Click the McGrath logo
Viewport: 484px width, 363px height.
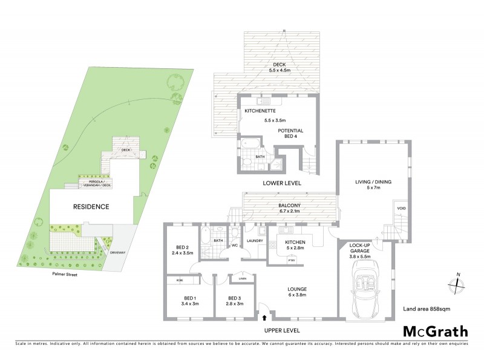pyautogui.click(x=435, y=331)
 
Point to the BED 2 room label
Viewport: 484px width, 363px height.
pyautogui.click(x=181, y=249)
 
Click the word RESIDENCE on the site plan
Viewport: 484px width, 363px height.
pyautogui.click(x=91, y=207)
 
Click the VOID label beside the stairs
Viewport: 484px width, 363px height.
pyautogui.click(x=401, y=209)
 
